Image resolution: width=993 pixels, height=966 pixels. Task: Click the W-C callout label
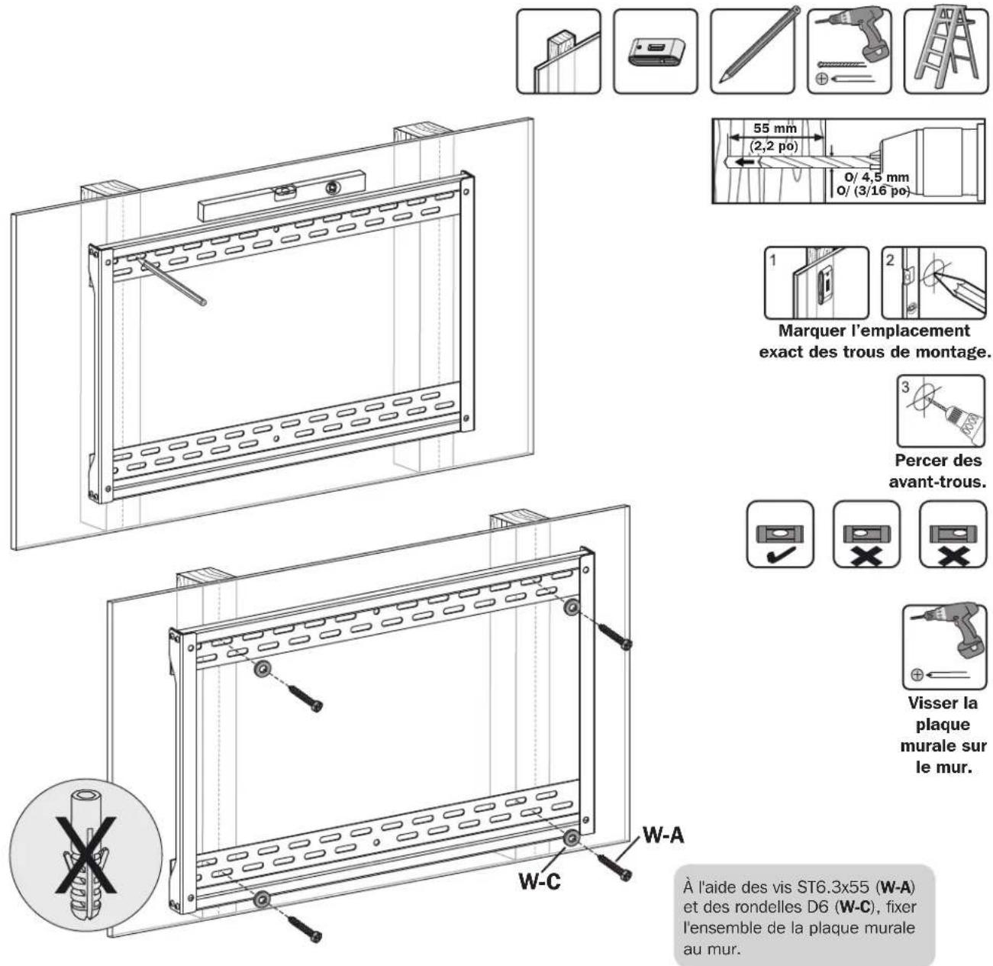(540, 880)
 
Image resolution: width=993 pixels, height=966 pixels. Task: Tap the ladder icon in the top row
(945, 51)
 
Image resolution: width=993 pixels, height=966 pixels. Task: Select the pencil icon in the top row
(752, 51)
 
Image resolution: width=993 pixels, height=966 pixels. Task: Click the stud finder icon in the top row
(655, 51)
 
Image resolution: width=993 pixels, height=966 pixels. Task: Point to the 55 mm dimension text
(775, 128)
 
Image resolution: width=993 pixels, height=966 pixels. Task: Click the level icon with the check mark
(779, 534)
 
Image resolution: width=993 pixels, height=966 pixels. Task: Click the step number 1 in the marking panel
(772, 261)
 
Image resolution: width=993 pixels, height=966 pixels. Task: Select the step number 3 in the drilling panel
(905, 387)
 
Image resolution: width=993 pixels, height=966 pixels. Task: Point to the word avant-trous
(937, 481)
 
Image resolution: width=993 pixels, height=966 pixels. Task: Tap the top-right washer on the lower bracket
(571, 607)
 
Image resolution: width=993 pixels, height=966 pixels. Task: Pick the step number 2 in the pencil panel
(890, 260)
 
